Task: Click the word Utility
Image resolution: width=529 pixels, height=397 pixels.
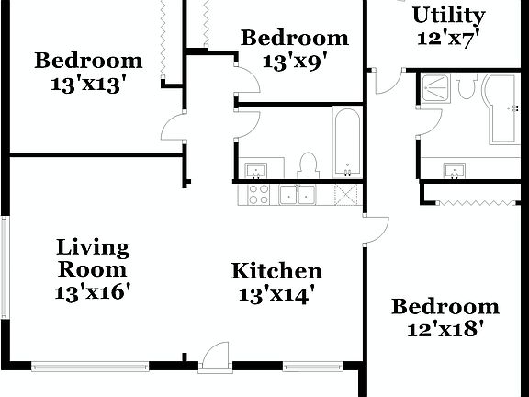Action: coord(448,16)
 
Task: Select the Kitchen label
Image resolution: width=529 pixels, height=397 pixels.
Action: coord(276,271)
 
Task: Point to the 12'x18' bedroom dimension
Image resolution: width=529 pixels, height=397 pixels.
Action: coord(445,328)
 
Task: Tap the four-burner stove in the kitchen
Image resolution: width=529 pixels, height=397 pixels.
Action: coord(259,194)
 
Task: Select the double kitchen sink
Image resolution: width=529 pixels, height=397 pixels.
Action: coord(298,194)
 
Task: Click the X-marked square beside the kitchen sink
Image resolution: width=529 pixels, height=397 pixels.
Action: coord(346,194)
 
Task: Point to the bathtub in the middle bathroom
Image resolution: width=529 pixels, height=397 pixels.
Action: coord(346,142)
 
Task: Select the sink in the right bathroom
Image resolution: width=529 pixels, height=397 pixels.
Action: coord(454,171)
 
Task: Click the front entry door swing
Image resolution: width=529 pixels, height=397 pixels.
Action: coord(214,357)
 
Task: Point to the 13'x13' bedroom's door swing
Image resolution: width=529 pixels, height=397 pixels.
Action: coord(174,128)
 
